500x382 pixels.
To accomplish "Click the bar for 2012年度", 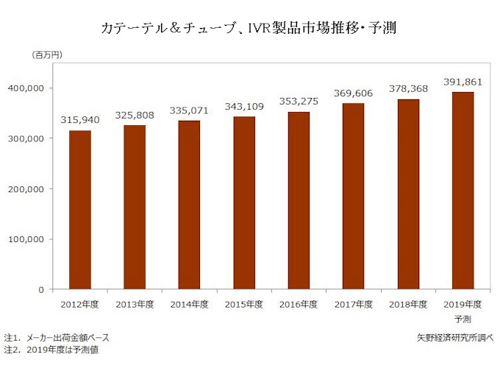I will [x=80, y=210].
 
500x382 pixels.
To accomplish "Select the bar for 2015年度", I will [x=244, y=202].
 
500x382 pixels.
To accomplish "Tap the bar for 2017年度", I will [x=354, y=196].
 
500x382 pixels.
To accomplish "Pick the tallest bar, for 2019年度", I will [x=463, y=191].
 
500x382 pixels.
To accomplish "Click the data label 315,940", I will [x=80, y=121].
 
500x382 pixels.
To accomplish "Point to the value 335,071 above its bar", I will [x=190, y=111].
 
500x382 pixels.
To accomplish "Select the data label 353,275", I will [x=299, y=102].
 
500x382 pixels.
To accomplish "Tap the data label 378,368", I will [x=408, y=89].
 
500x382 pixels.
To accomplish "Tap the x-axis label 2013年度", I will [x=135, y=304].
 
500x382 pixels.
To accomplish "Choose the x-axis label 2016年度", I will [x=299, y=304].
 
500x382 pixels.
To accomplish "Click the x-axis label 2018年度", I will [x=408, y=304].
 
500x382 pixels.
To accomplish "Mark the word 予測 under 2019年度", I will [x=463, y=319].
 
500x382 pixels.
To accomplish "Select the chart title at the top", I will [x=249, y=29].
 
